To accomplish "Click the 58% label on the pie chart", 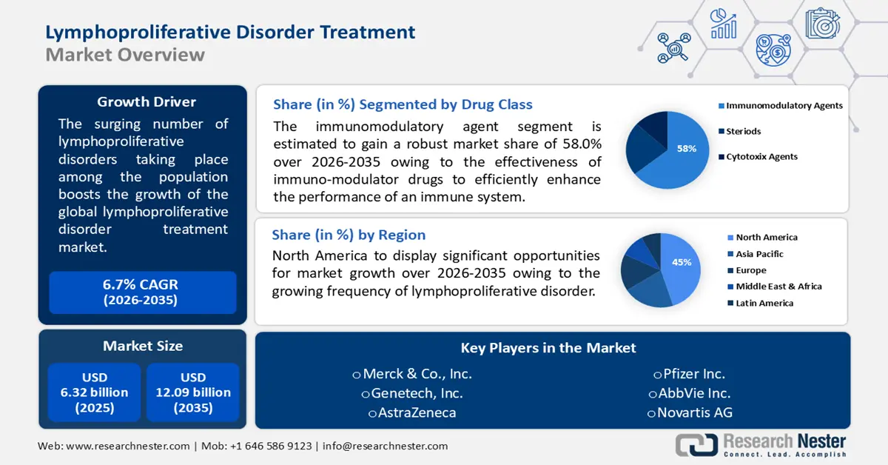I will [686, 148].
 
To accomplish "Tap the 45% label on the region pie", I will [681, 262].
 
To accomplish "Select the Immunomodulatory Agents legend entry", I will [784, 106].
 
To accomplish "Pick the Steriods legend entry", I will [743, 131].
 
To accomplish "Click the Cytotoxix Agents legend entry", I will [761, 157].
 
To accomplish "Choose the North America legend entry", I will [766, 238].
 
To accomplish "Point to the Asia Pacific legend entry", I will [759, 254].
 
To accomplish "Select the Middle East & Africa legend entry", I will [778, 287].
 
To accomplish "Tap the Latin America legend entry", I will [764, 303].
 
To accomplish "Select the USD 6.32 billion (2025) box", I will [94, 392].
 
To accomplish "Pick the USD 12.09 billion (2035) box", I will [193, 392].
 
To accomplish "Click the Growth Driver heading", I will [147, 101].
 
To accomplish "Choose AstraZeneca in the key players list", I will [412, 413].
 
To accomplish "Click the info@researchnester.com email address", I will [384, 446].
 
